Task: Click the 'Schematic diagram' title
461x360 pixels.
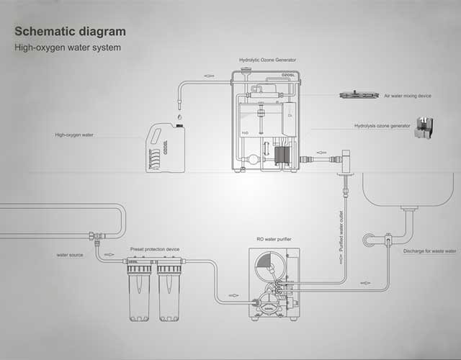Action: coord(70,32)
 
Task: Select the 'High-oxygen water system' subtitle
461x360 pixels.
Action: coord(68,48)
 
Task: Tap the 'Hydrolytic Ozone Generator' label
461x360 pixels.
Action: coord(267,60)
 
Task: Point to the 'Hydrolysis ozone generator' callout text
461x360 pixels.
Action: coord(382,125)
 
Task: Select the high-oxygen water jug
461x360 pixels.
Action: coord(166,148)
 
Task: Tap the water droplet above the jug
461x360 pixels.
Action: coord(179,114)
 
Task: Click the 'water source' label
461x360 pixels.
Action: coord(72,254)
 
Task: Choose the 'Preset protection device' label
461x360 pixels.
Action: coord(155,249)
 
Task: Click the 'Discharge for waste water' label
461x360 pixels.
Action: coord(430,251)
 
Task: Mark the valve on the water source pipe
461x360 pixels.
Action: coord(94,236)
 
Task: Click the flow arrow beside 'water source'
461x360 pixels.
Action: coord(109,254)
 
